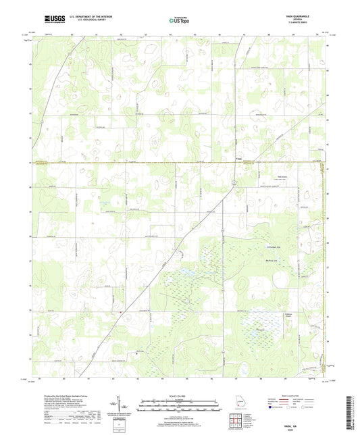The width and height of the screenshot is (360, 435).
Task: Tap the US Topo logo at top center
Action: click(x=179, y=21)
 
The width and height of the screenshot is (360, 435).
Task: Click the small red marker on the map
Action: click(x=120, y=311)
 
